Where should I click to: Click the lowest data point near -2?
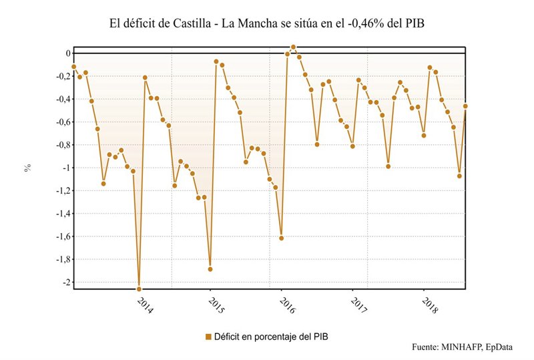tap(139, 289)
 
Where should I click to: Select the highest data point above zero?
tap(293, 47)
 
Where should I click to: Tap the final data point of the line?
tap(465, 106)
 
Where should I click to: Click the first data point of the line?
tap(74, 67)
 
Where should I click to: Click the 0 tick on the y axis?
tap(67, 53)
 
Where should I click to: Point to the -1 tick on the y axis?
tap(65, 168)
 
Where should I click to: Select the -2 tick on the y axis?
tap(65, 283)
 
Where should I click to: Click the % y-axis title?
tap(28, 168)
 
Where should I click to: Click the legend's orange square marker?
tap(208, 337)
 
